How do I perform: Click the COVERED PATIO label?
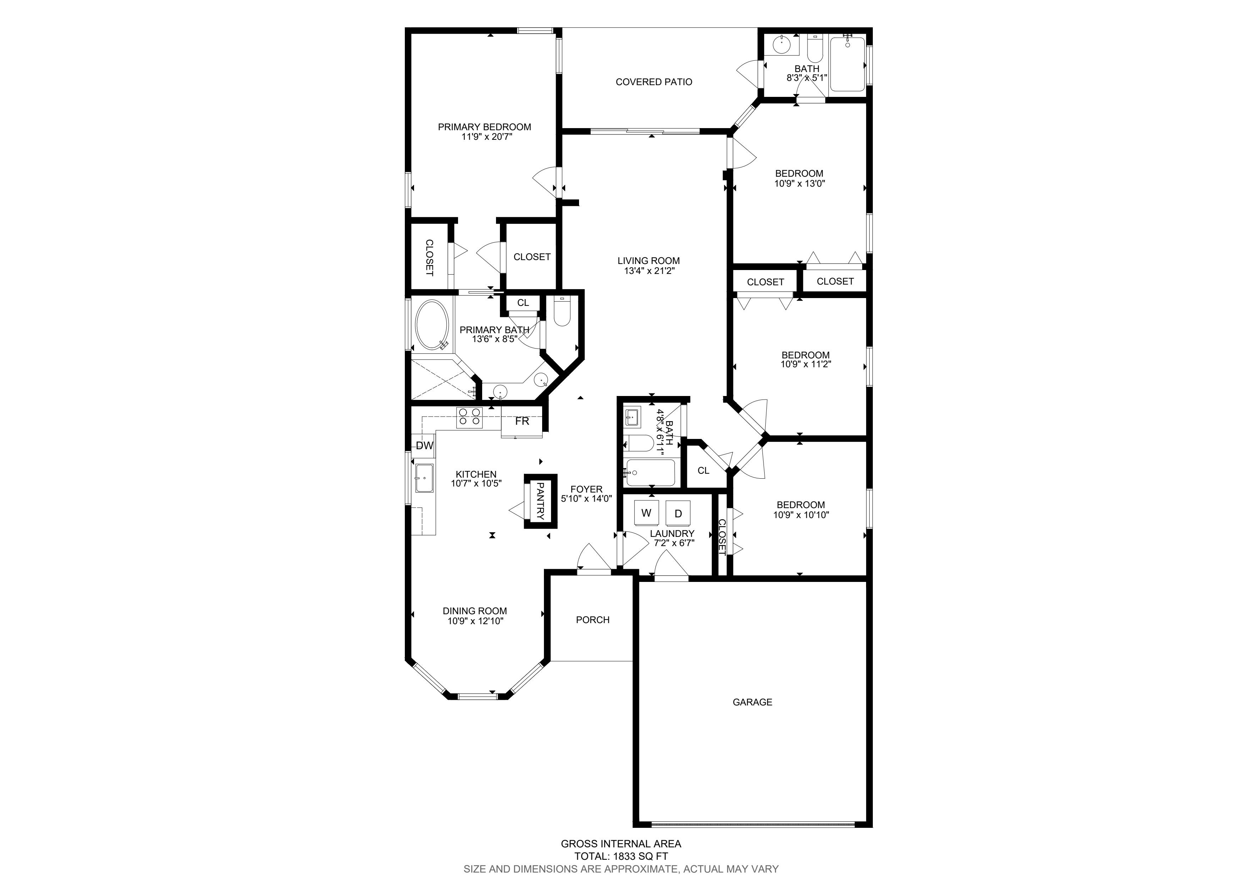[x=654, y=82]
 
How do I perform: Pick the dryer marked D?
[x=678, y=513]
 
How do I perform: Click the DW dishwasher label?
[x=425, y=446]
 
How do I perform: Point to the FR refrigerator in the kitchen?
[x=522, y=421]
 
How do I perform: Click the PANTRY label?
[x=540, y=501]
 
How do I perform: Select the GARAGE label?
[x=752, y=702]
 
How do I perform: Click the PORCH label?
[x=593, y=620]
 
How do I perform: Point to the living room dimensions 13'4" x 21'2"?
[x=649, y=270]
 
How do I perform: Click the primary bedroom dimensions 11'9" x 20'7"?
[x=484, y=137]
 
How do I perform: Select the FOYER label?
[x=586, y=489]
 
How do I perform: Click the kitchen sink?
[x=425, y=478]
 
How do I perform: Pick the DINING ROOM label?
[x=475, y=611]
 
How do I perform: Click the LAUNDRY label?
[x=672, y=534]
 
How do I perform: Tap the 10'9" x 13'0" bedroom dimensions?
[x=799, y=183]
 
